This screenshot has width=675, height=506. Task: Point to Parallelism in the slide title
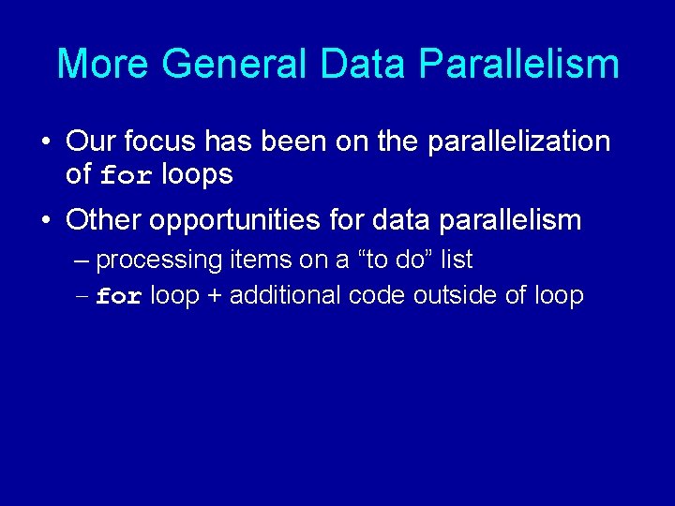[x=518, y=64]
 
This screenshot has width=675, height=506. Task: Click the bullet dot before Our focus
[x=45, y=142]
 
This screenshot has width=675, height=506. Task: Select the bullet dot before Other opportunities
[x=45, y=221]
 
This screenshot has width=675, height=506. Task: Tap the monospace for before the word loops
[x=125, y=175]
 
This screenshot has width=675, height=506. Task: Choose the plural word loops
[x=197, y=174]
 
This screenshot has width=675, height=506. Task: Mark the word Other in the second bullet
[x=104, y=220]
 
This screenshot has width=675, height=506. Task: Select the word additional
[x=286, y=296]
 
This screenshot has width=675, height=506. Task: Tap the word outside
[x=454, y=296]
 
